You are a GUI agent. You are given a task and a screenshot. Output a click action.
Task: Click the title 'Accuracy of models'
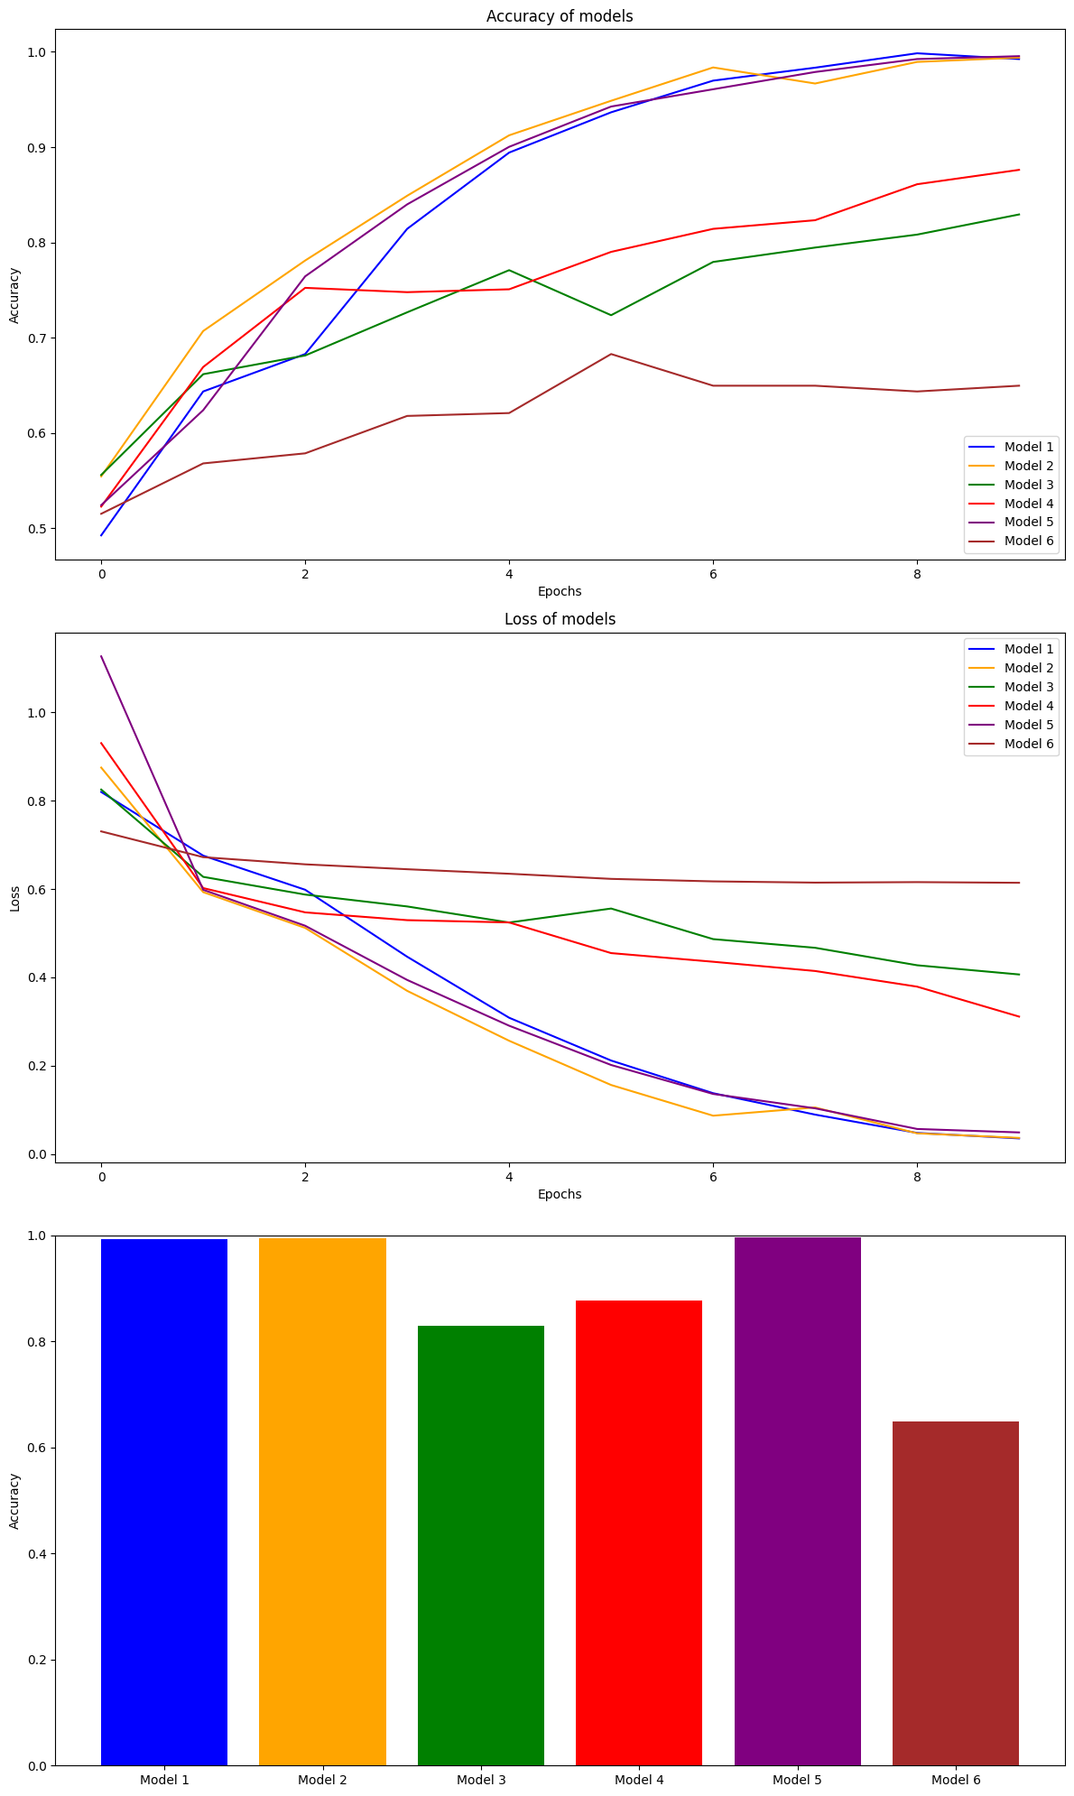[x=560, y=16]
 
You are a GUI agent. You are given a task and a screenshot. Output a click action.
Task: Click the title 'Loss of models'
[x=560, y=619]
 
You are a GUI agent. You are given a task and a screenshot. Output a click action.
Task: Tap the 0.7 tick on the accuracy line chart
[x=39, y=338]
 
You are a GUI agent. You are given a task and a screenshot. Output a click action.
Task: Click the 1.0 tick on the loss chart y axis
[x=39, y=713]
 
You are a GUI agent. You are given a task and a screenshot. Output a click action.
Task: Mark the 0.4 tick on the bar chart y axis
[x=39, y=1554]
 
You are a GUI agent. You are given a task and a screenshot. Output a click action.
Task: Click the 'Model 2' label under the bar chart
[x=322, y=1780]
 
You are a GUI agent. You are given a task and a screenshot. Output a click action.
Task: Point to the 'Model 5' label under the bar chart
[x=798, y=1780]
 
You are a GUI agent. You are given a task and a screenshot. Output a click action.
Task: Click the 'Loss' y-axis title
[x=14, y=898]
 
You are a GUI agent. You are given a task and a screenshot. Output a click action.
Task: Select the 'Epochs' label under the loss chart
[x=560, y=1194]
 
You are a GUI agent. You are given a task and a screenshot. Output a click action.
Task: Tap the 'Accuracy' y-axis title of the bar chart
[x=14, y=1501]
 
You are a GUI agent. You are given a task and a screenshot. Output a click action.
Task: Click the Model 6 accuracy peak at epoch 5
[x=611, y=354]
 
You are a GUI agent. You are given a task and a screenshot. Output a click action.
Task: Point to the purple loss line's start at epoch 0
[x=101, y=656]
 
